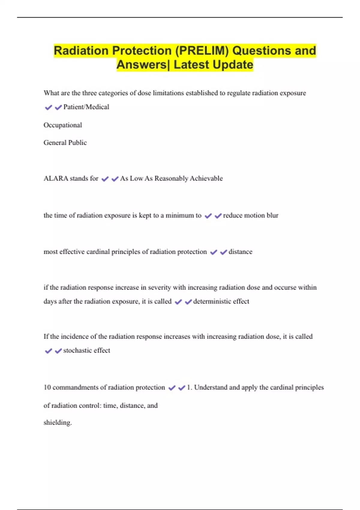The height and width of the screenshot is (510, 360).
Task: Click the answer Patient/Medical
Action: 86,107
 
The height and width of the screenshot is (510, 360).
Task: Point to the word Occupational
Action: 63,125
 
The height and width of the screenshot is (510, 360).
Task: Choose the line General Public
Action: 65,143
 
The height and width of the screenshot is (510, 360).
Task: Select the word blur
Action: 272,215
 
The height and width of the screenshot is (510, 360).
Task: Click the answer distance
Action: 240,252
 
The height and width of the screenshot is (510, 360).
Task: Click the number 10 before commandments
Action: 47,388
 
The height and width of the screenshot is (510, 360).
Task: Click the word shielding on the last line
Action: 57,423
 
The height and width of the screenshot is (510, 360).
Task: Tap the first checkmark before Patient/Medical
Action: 48,107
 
